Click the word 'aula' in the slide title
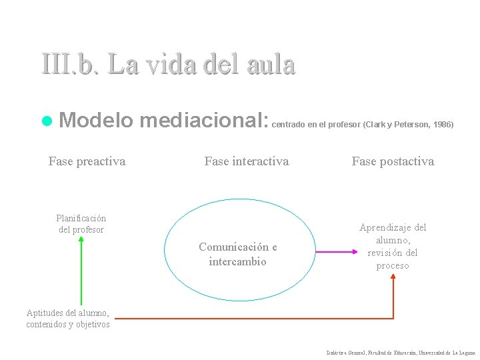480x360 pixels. [x=269, y=65]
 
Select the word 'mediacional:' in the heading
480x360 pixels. [x=205, y=121]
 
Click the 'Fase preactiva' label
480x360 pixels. [x=87, y=161]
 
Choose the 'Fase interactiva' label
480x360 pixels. [x=247, y=161]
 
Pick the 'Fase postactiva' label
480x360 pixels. [x=393, y=161]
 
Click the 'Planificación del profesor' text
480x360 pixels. [x=81, y=224]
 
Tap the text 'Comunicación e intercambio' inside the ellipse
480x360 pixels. [x=238, y=254]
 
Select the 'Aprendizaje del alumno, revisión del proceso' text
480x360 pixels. [x=393, y=246]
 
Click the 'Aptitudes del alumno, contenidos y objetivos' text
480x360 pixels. [x=68, y=319]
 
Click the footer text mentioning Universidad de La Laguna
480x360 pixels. [x=401, y=351]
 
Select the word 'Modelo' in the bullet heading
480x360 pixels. [x=97, y=121]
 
